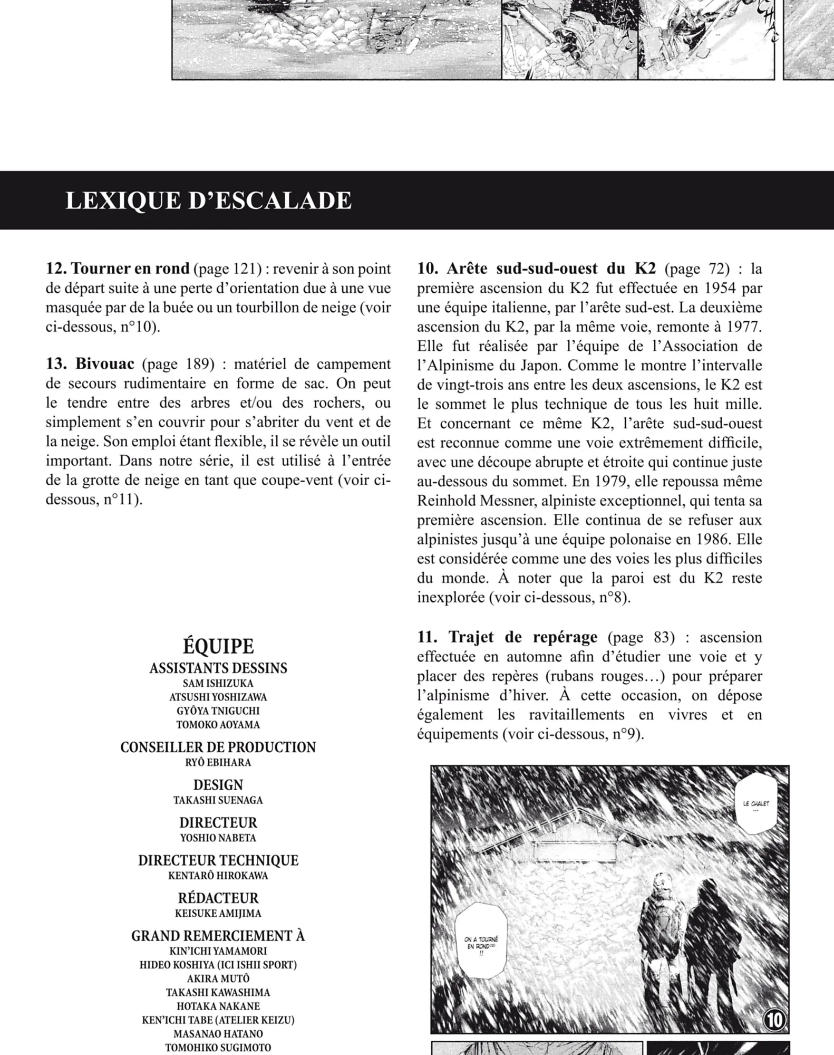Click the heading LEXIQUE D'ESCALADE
click(208, 201)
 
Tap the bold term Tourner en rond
click(130, 268)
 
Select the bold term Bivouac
click(104, 364)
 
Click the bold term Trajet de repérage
click(522, 637)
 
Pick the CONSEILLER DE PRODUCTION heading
click(218, 747)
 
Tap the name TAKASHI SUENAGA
click(218, 800)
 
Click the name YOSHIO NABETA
click(218, 838)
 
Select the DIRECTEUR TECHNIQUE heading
click(218, 860)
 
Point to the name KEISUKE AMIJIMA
click(218, 913)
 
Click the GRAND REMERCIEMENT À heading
click(218, 936)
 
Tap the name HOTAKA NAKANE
click(218, 1006)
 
